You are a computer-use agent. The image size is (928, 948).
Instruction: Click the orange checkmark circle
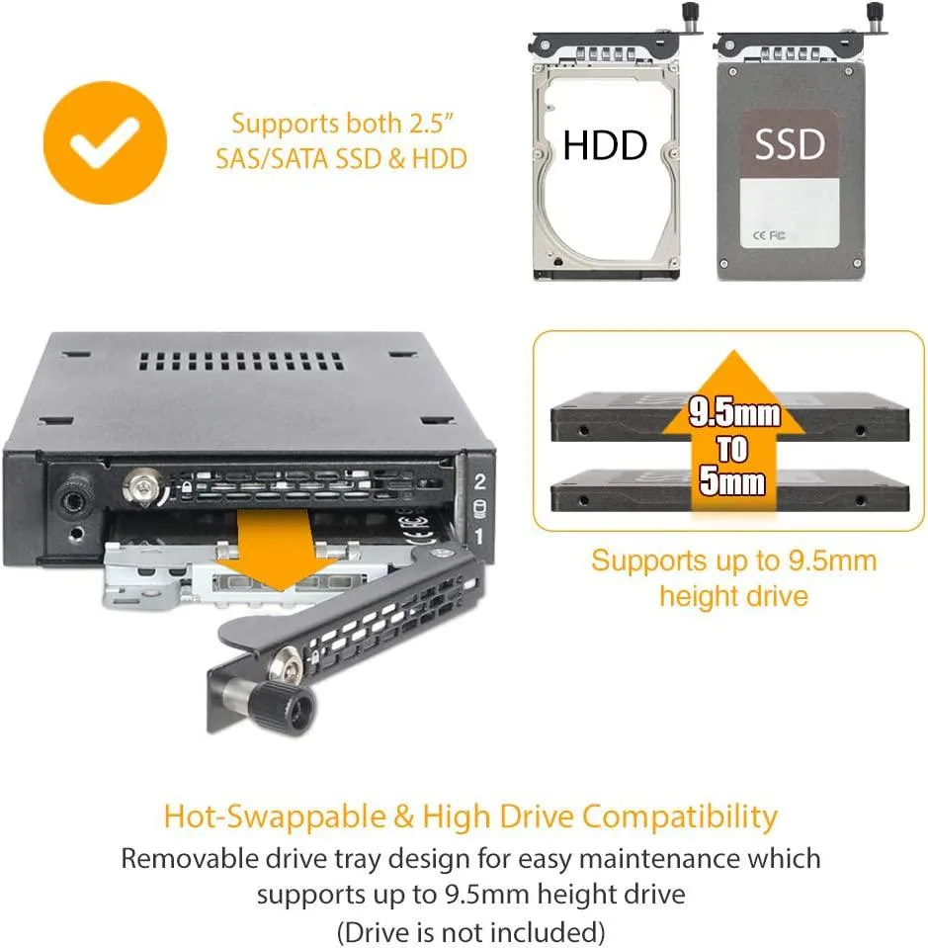(x=105, y=142)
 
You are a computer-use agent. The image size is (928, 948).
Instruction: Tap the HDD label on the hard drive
(x=605, y=145)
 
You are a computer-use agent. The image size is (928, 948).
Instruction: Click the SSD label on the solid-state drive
(x=790, y=144)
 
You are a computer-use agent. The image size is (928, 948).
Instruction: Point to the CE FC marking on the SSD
(x=769, y=235)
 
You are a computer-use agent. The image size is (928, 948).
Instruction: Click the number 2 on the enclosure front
(x=480, y=481)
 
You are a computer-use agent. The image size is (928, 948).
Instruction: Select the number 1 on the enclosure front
(x=478, y=536)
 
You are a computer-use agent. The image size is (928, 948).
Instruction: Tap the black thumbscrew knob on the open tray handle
(x=290, y=708)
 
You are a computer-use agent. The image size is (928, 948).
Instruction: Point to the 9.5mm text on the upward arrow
(x=734, y=413)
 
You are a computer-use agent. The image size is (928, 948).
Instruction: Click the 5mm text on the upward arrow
(x=732, y=481)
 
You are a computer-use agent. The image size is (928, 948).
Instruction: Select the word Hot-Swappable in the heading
(x=275, y=817)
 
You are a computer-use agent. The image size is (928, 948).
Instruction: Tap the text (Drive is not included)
(x=471, y=931)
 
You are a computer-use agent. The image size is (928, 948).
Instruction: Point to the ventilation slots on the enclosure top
(x=242, y=362)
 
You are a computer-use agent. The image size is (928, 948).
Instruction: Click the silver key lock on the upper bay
(x=144, y=487)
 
